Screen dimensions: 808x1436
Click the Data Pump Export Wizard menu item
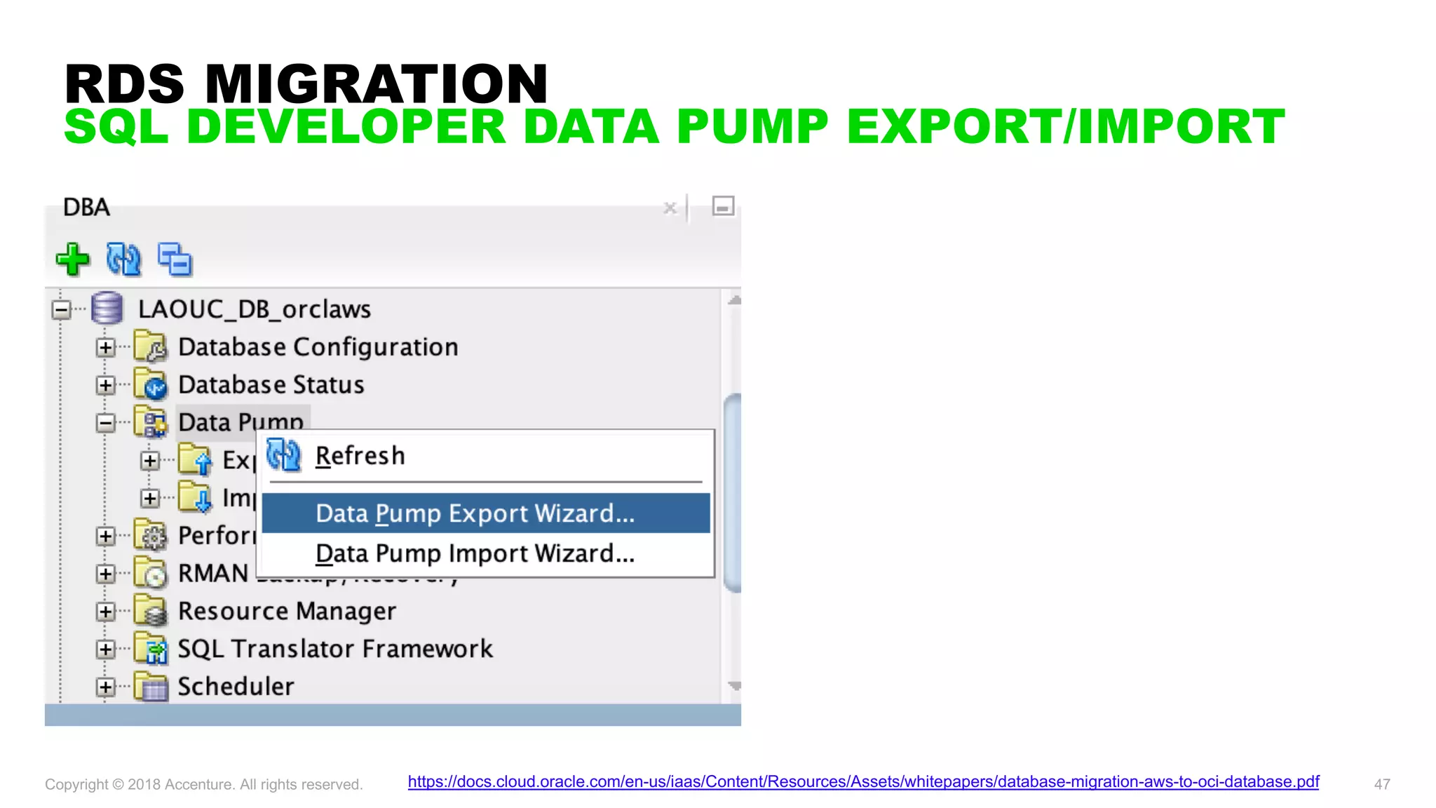475,513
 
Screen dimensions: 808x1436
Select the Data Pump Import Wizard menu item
475,554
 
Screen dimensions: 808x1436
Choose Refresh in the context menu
360,456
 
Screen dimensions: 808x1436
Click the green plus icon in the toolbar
72,260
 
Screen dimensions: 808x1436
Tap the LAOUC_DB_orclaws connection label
254,309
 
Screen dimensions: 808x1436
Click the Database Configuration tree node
318,347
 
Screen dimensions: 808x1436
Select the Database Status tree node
271,385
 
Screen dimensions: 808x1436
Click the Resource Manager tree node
286,611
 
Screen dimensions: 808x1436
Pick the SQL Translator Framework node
334,649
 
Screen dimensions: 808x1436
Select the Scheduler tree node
236,687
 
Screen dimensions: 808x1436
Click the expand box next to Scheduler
106,687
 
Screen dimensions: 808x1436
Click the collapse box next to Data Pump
106,423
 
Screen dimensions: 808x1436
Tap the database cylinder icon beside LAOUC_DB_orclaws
107,309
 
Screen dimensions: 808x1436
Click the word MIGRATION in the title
376,84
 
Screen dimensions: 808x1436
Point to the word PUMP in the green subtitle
752,127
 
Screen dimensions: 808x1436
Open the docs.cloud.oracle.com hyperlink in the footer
863,781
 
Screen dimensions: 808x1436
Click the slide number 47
1381,784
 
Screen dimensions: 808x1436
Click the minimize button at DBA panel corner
723,206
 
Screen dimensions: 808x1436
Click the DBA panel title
86,208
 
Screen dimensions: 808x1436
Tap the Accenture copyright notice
203,784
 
